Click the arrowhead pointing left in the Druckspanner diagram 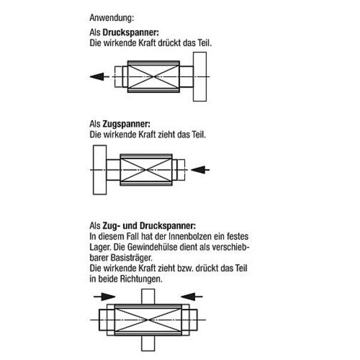coord(94,76)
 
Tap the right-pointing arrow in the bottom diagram coord(105,296)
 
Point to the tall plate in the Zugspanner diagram coord(99,169)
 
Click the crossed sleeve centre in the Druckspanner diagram coord(154,76)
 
